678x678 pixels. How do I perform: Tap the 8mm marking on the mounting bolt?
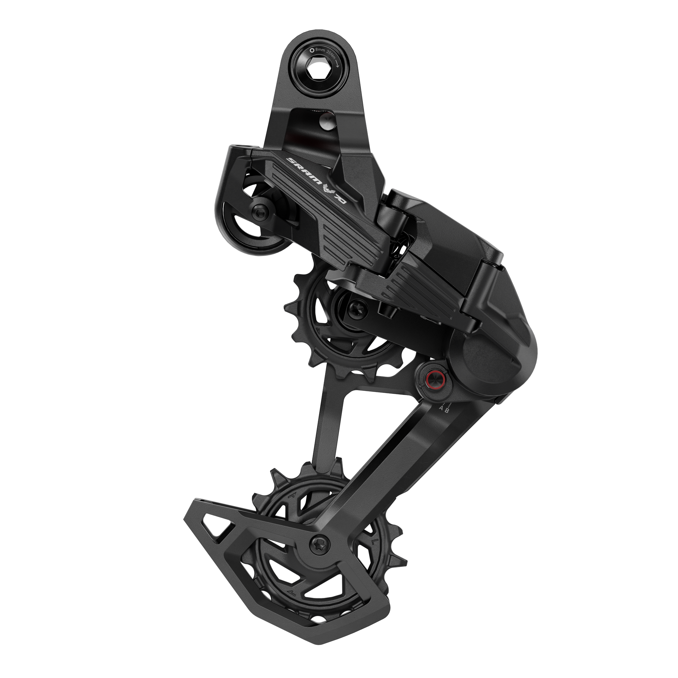(x=320, y=50)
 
